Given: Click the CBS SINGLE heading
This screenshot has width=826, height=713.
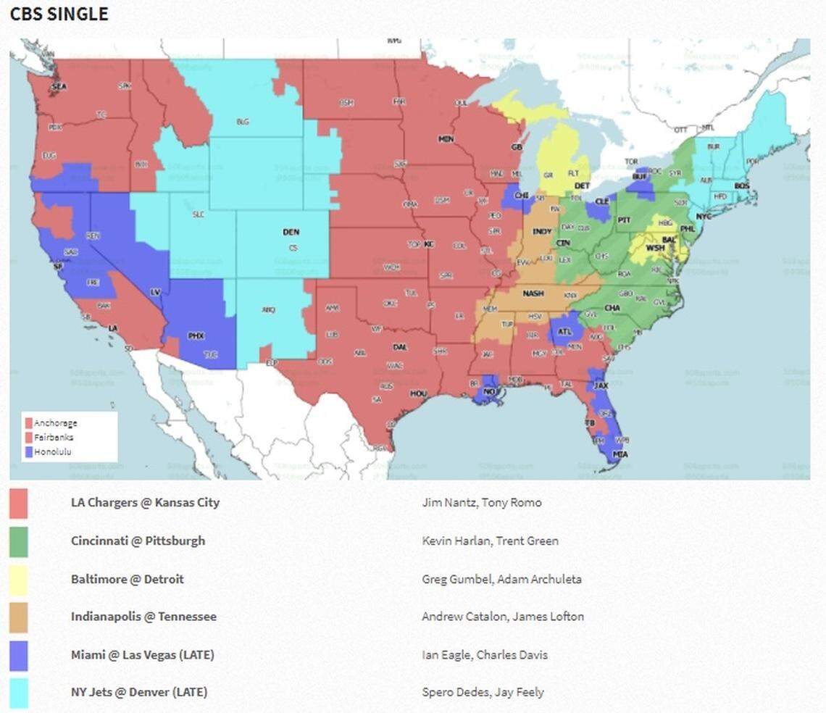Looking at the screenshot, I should [59, 14].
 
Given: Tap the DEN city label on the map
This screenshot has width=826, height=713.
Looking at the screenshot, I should [291, 233].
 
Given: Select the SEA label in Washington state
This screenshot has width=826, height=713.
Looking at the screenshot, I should [59, 87].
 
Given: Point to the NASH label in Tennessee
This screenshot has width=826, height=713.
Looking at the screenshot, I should [533, 293].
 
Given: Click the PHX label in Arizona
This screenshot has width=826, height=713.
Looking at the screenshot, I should [196, 336].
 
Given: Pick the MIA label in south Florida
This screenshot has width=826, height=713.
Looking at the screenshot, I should [600, 454].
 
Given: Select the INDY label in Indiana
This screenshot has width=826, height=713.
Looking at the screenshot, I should [542, 232].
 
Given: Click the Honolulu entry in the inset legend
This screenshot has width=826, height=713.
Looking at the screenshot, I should [52, 452].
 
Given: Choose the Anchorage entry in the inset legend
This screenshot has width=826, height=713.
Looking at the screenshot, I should [55, 423].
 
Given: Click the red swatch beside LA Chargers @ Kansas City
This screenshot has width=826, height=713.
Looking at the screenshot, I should [19, 504].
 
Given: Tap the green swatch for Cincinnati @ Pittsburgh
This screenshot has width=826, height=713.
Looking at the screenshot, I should [19, 542].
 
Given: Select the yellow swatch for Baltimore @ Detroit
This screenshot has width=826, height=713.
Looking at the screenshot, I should [19, 580].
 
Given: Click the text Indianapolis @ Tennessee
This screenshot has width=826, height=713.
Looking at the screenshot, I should [143, 617].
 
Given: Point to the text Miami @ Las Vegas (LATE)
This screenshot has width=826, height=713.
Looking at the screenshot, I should [143, 654].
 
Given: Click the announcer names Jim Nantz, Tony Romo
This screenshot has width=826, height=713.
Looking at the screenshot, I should [482, 502].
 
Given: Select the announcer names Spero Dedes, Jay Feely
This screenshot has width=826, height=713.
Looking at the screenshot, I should [483, 692].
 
